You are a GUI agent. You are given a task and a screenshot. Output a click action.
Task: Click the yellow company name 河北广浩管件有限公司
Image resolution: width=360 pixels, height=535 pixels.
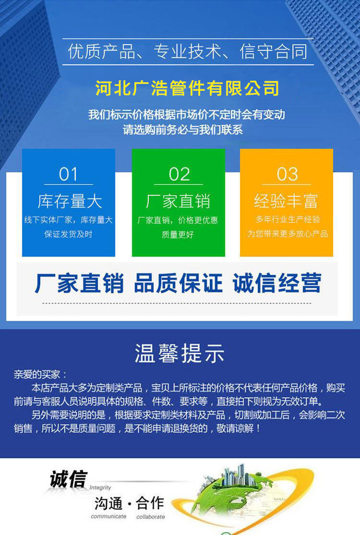pos(187,88)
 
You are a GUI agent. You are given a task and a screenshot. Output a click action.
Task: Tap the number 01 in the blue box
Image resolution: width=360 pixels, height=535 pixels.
pos(68,174)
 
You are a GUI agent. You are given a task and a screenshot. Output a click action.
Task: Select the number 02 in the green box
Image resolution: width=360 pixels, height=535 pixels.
pos(179,174)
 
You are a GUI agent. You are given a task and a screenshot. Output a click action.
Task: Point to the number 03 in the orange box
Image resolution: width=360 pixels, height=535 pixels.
pos(287,174)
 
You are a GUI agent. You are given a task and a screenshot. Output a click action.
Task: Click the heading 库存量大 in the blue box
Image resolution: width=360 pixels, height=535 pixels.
pos(70,201)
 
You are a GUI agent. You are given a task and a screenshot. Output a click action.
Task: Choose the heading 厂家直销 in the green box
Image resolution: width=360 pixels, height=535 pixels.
pos(178,201)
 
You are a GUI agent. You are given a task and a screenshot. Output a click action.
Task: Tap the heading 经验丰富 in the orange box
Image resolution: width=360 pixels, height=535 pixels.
pos(286,201)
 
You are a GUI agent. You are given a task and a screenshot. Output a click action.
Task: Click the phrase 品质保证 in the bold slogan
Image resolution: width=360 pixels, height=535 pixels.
pos(178,283)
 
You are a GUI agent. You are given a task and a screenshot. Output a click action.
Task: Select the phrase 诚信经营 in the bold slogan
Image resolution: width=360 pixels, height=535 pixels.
pos(277,283)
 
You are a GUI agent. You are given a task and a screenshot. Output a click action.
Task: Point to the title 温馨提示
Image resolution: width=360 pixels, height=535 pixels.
pos(180,353)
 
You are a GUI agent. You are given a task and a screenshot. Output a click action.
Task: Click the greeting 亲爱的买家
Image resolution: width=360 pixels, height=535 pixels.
pos(37,374)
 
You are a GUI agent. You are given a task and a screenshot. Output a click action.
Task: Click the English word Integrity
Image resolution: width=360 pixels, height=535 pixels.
pos(100,487)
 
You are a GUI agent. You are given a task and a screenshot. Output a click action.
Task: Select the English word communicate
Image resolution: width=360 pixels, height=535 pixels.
pos(108,517)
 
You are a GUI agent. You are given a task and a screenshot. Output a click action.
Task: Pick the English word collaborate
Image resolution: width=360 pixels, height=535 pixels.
pos(151,517)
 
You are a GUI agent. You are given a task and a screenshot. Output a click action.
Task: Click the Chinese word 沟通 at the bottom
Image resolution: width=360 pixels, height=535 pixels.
pos(108,503)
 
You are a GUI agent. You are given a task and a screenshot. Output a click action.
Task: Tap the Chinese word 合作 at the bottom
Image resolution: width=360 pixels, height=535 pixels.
pos(150,503)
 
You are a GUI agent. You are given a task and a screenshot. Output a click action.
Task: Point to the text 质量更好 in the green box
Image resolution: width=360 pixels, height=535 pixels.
pos(178,235)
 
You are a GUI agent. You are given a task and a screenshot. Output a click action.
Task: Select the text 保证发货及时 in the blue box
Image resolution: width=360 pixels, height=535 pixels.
pos(68,234)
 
